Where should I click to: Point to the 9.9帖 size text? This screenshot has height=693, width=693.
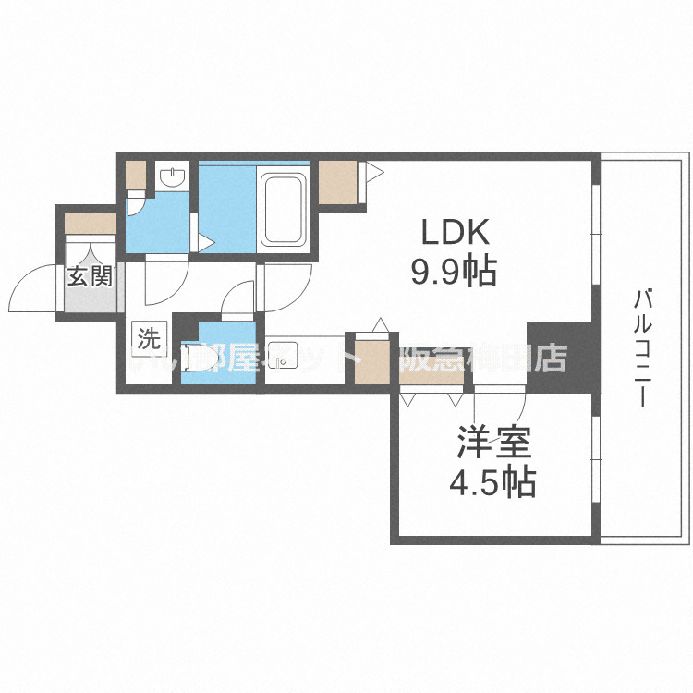coord(454,272)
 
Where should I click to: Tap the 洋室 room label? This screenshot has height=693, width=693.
coord(492,443)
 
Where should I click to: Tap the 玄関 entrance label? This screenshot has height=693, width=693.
coord(90,276)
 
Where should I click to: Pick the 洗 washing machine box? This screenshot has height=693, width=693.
coord(149,337)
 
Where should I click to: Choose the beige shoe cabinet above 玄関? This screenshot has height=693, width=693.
coord(90,224)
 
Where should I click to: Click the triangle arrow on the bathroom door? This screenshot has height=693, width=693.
coord(207,243)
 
